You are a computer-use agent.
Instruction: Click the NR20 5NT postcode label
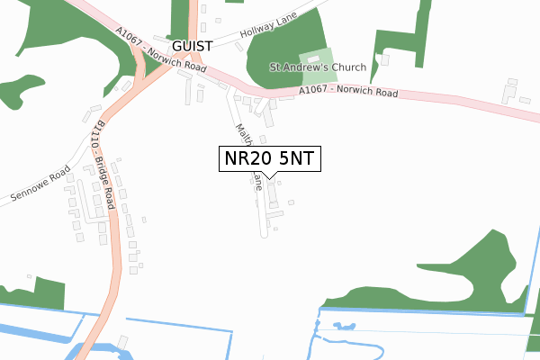269,158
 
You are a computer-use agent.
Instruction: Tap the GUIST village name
193,45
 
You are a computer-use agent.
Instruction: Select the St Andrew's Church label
318,67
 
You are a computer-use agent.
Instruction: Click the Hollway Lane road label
269,33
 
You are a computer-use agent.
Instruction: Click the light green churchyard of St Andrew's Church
315,57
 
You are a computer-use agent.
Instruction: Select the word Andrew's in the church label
304,67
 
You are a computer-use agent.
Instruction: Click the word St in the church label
275,67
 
